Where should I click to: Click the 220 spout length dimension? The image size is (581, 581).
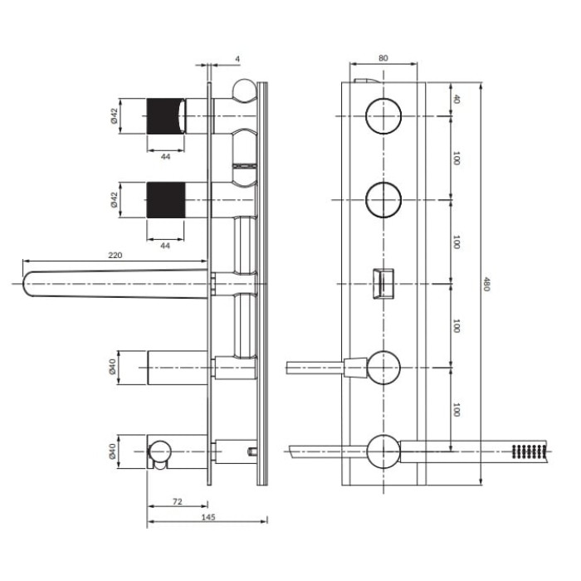point(115,256)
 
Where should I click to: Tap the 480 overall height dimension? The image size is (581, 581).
point(486,284)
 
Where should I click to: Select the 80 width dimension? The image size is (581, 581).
point(383,58)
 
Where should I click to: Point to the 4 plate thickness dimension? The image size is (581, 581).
point(237,59)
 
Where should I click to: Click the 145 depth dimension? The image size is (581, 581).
point(207,517)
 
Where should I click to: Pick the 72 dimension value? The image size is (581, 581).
point(178,501)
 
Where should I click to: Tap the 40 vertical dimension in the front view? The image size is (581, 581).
point(456,100)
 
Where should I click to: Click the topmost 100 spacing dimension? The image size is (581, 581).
point(456,159)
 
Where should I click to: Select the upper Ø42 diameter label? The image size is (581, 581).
point(114,115)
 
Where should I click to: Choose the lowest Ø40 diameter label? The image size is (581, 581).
point(113,452)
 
